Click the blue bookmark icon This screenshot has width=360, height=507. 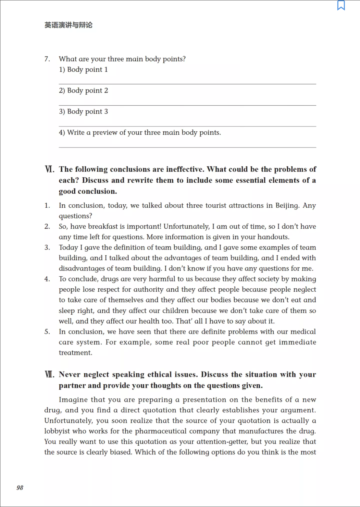[341, 5]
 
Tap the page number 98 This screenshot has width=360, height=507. [20, 487]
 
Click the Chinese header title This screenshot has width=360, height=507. [69, 25]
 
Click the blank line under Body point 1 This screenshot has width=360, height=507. [187, 84]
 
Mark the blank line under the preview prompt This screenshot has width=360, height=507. [187, 147]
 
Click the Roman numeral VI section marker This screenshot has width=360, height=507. [49, 169]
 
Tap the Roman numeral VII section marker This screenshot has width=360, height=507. [49, 374]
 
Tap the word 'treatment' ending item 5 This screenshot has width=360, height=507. [75, 353]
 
